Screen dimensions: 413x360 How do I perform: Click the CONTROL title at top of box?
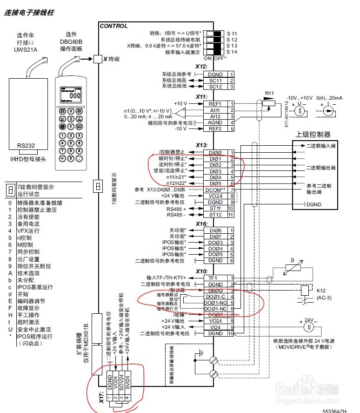[x=114, y=26]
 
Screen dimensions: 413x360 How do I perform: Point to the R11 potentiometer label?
[x=269, y=93]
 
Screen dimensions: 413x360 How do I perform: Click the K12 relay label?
[x=322, y=291]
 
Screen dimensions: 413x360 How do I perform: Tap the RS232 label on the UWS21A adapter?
[x=26, y=145]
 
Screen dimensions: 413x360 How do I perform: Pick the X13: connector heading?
[x=201, y=145]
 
